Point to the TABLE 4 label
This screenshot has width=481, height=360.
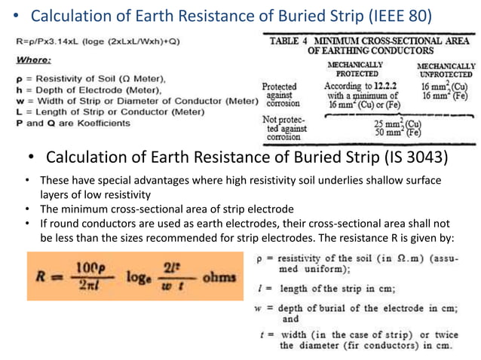(290, 41)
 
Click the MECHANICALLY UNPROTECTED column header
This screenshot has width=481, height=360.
(446, 70)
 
